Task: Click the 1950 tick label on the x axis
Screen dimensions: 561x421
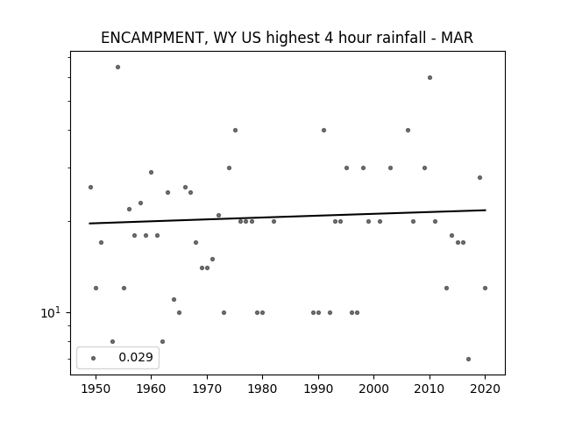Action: (96, 389)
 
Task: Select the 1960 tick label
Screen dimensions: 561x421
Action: (151, 389)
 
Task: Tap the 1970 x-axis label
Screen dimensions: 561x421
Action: (207, 389)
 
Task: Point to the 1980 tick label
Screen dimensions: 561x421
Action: (262, 389)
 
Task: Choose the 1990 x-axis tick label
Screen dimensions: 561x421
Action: (318, 389)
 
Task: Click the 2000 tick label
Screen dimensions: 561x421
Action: (374, 389)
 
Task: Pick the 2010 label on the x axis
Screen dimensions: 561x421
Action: (430, 389)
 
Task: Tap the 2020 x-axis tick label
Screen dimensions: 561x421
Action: (485, 389)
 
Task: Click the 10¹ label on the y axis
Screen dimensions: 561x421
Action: (51, 313)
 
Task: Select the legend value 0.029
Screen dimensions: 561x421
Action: (136, 357)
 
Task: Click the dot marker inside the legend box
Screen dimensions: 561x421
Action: (94, 358)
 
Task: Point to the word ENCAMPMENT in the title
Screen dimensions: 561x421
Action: (152, 38)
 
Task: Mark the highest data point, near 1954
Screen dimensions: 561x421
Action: (117, 67)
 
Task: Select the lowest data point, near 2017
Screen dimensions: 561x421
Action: (468, 359)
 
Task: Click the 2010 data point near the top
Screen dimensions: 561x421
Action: (430, 78)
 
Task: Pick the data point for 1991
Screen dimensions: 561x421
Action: (323, 131)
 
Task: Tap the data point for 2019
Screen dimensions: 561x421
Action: (479, 177)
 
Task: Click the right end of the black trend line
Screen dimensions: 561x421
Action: (486, 210)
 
